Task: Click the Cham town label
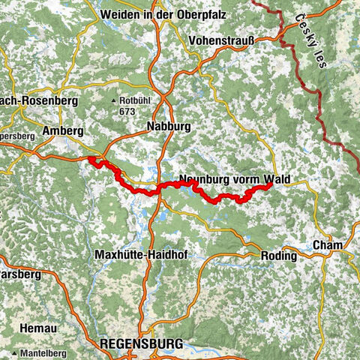[330, 246]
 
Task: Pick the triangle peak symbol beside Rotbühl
[114, 101]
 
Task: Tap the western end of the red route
[90, 159]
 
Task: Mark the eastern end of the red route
[268, 187]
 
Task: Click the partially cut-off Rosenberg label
[22, 100]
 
